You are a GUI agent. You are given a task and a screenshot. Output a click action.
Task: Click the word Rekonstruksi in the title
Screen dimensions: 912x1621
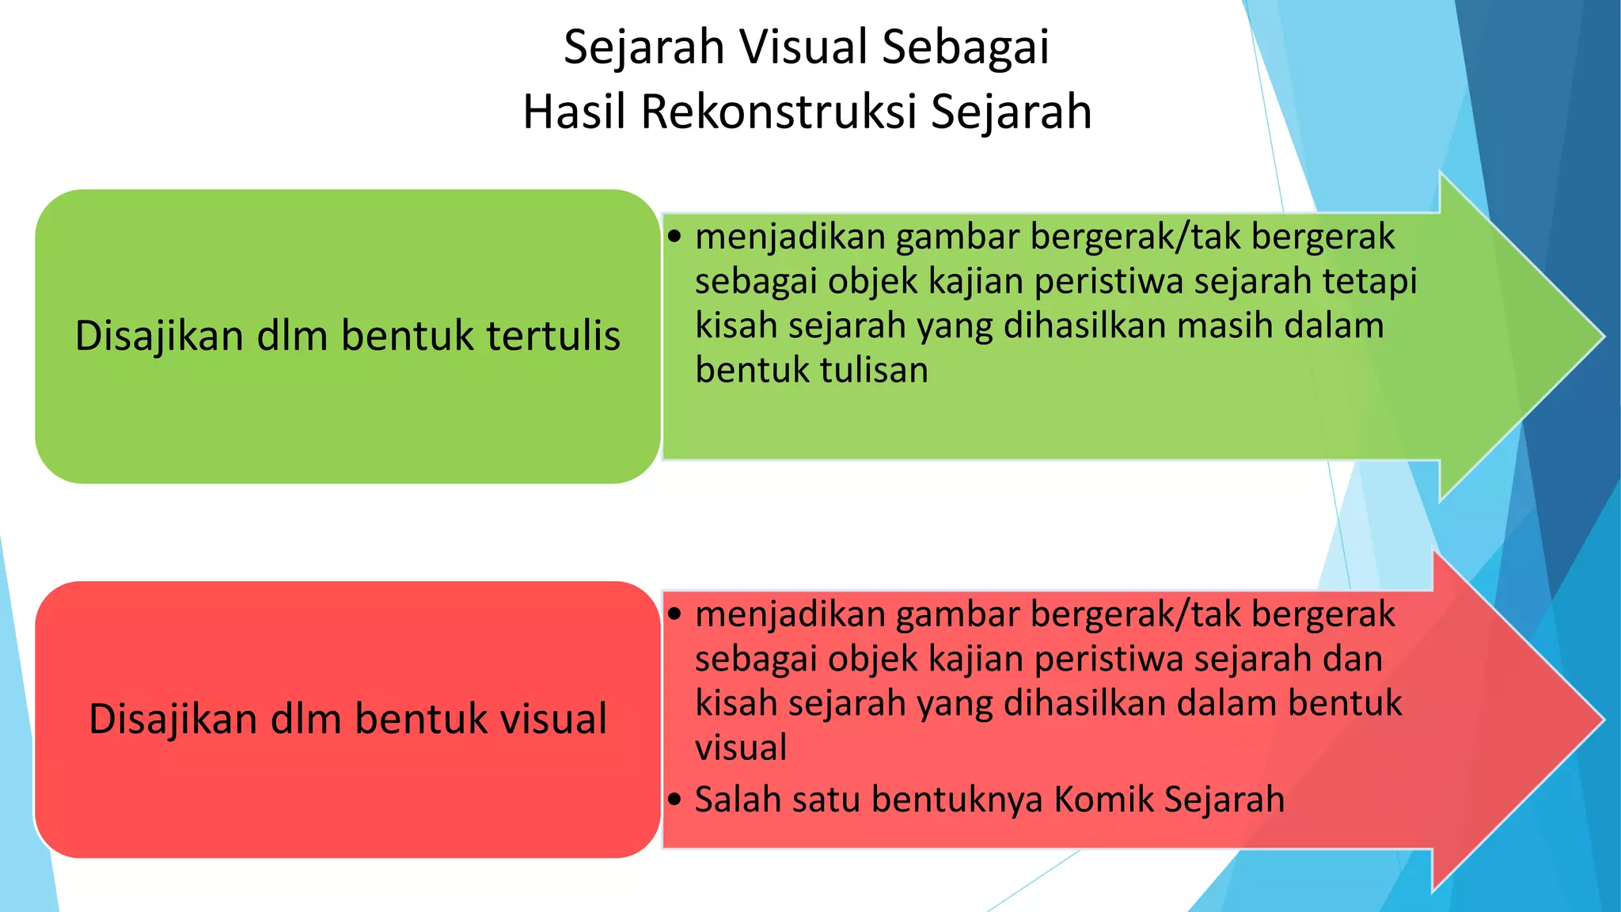[780, 112]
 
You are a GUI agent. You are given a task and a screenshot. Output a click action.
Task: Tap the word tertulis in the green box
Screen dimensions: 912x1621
[553, 336]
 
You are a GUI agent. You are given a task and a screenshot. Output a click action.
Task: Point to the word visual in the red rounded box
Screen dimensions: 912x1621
[548, 720]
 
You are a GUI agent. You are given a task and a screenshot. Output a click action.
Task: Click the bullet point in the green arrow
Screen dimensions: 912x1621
[674, 237]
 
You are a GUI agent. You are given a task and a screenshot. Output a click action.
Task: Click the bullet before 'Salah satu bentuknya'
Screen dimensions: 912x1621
[674, 800]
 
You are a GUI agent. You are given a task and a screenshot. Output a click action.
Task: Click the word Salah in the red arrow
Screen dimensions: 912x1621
[738, 800]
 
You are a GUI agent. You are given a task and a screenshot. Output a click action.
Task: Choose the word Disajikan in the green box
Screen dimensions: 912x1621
[158, 336]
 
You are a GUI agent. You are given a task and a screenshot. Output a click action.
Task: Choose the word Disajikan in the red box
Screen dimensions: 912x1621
[173, 720]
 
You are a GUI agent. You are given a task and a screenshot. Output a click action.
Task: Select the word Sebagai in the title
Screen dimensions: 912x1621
[966, 47]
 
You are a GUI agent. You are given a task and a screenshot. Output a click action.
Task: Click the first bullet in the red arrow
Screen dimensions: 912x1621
[674, 614]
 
